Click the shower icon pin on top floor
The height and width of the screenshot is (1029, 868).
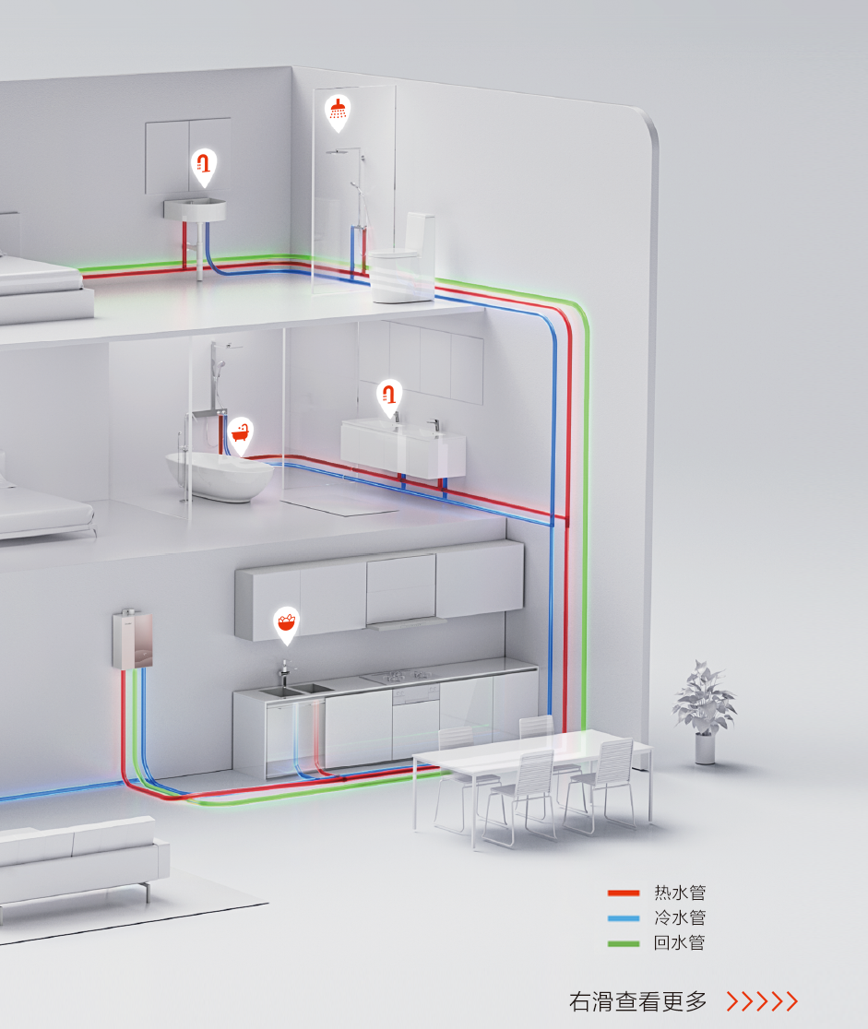click(x=339, y=110)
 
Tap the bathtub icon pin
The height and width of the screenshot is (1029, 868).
click(x=241, y=433)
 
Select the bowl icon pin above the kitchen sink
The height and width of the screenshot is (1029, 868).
click(x=287, y=623)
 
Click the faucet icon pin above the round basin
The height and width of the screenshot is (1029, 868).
click(x=204, y=165)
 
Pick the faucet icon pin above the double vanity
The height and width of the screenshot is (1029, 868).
click(x=390, y=396)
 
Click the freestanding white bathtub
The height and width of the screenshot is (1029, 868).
click(x=218, y=476)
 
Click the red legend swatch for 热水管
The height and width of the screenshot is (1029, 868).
click(x=624, y=893)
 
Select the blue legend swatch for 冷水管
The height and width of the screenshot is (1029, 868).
click(x=624, y=918)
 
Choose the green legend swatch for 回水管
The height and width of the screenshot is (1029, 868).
click(x=624, y=943)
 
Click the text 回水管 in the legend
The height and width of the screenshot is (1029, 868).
click(x=680, y=943)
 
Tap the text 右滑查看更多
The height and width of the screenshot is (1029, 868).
click(x=637, y=1001)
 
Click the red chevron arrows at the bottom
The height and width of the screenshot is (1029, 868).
click(x=762, y=1001)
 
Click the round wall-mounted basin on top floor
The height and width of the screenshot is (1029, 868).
click(x=195, y=209)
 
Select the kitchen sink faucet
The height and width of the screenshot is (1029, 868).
click(x=285, y=671)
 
